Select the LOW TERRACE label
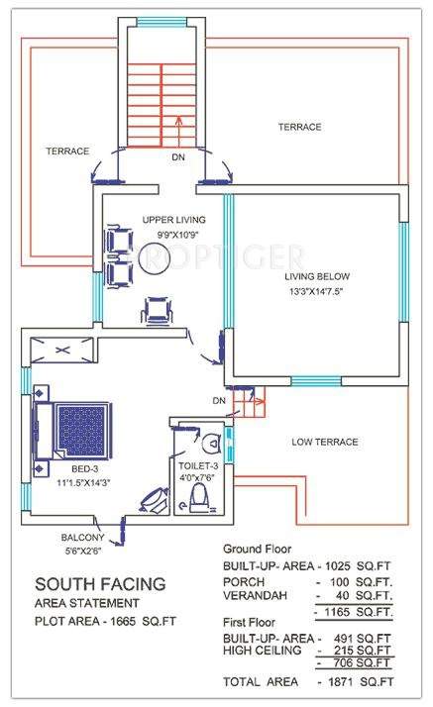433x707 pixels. pos(324,442)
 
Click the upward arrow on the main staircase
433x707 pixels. pos(177,126)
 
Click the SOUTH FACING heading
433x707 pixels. pos(100,583)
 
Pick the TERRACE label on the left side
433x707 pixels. pos(67,151)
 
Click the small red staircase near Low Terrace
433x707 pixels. pos(250,401)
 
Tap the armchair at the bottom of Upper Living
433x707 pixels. pos(157,311)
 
